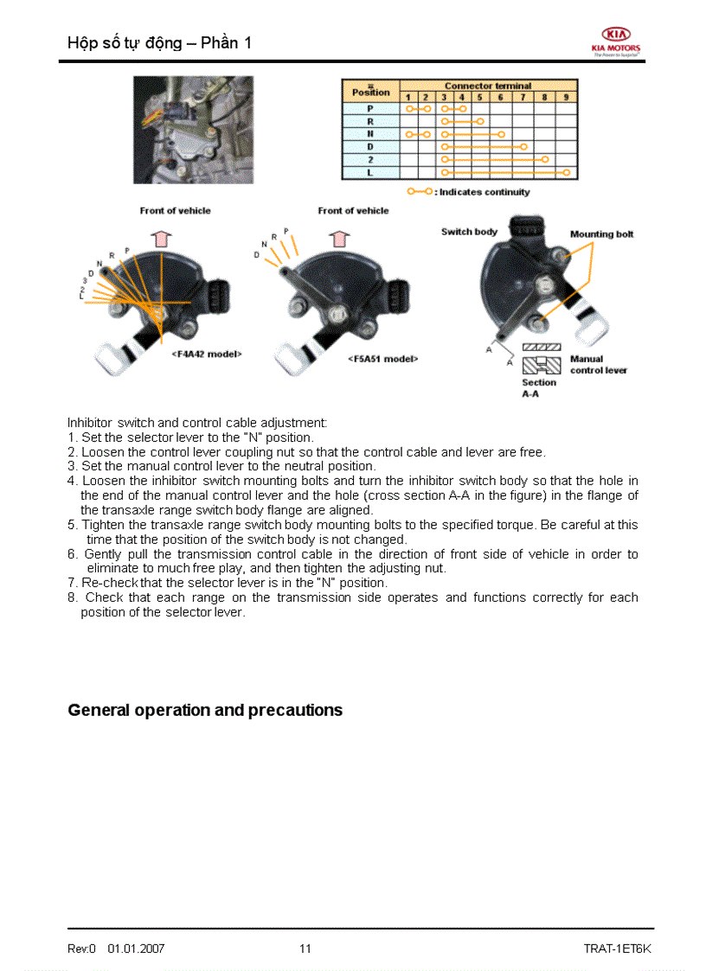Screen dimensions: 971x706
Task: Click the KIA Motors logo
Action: pyautogui.click(x=616, y=39)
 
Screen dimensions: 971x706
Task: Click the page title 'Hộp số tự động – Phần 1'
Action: pyautogui.click(x=159, y=42)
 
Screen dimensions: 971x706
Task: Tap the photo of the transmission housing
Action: pyautogui.click(x=192, y=129)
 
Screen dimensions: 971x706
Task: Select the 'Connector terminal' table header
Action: pyautogui.click(x=488, y=86)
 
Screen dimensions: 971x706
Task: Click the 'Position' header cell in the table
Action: pyautogui.click(x=370, y=92)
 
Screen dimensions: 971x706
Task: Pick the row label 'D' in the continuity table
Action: pyautogui.click(x=370, y=147)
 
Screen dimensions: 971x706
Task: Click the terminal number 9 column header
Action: pyautogui.click(x=565, y=97)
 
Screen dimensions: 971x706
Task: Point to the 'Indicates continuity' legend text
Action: pyautogui.click(x=484, y=192)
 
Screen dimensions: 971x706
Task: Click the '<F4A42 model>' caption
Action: pyautogui.click(x=206, y=354)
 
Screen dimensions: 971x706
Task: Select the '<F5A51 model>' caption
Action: pyautogui.click(x=382, y=359)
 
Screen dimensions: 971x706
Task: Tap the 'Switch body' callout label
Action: pyautogui.click(x=469, y=232)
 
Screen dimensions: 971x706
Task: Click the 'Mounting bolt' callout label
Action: pyautogui.click(x=601, y=234)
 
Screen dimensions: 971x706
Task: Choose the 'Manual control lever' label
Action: pyautogui.click(x=598, y=364)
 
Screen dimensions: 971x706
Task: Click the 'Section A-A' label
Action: pyautogui.click(x=538, y=387)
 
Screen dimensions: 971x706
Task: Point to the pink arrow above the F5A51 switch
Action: pyautogui.click(x=339, y=239)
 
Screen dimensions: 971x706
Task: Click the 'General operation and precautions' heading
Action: pyautogui.click(x=205, y=710)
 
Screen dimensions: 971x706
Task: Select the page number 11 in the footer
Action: pyautogui.click(x=305, y=949)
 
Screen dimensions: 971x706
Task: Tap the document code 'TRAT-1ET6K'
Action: pyautogui.click(x=617, y=949)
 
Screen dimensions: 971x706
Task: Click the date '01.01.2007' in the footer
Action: pyautogui.click(x=136, y=949)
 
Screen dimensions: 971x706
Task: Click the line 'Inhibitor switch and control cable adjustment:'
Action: pyautogui.click(x=197, y=423)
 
